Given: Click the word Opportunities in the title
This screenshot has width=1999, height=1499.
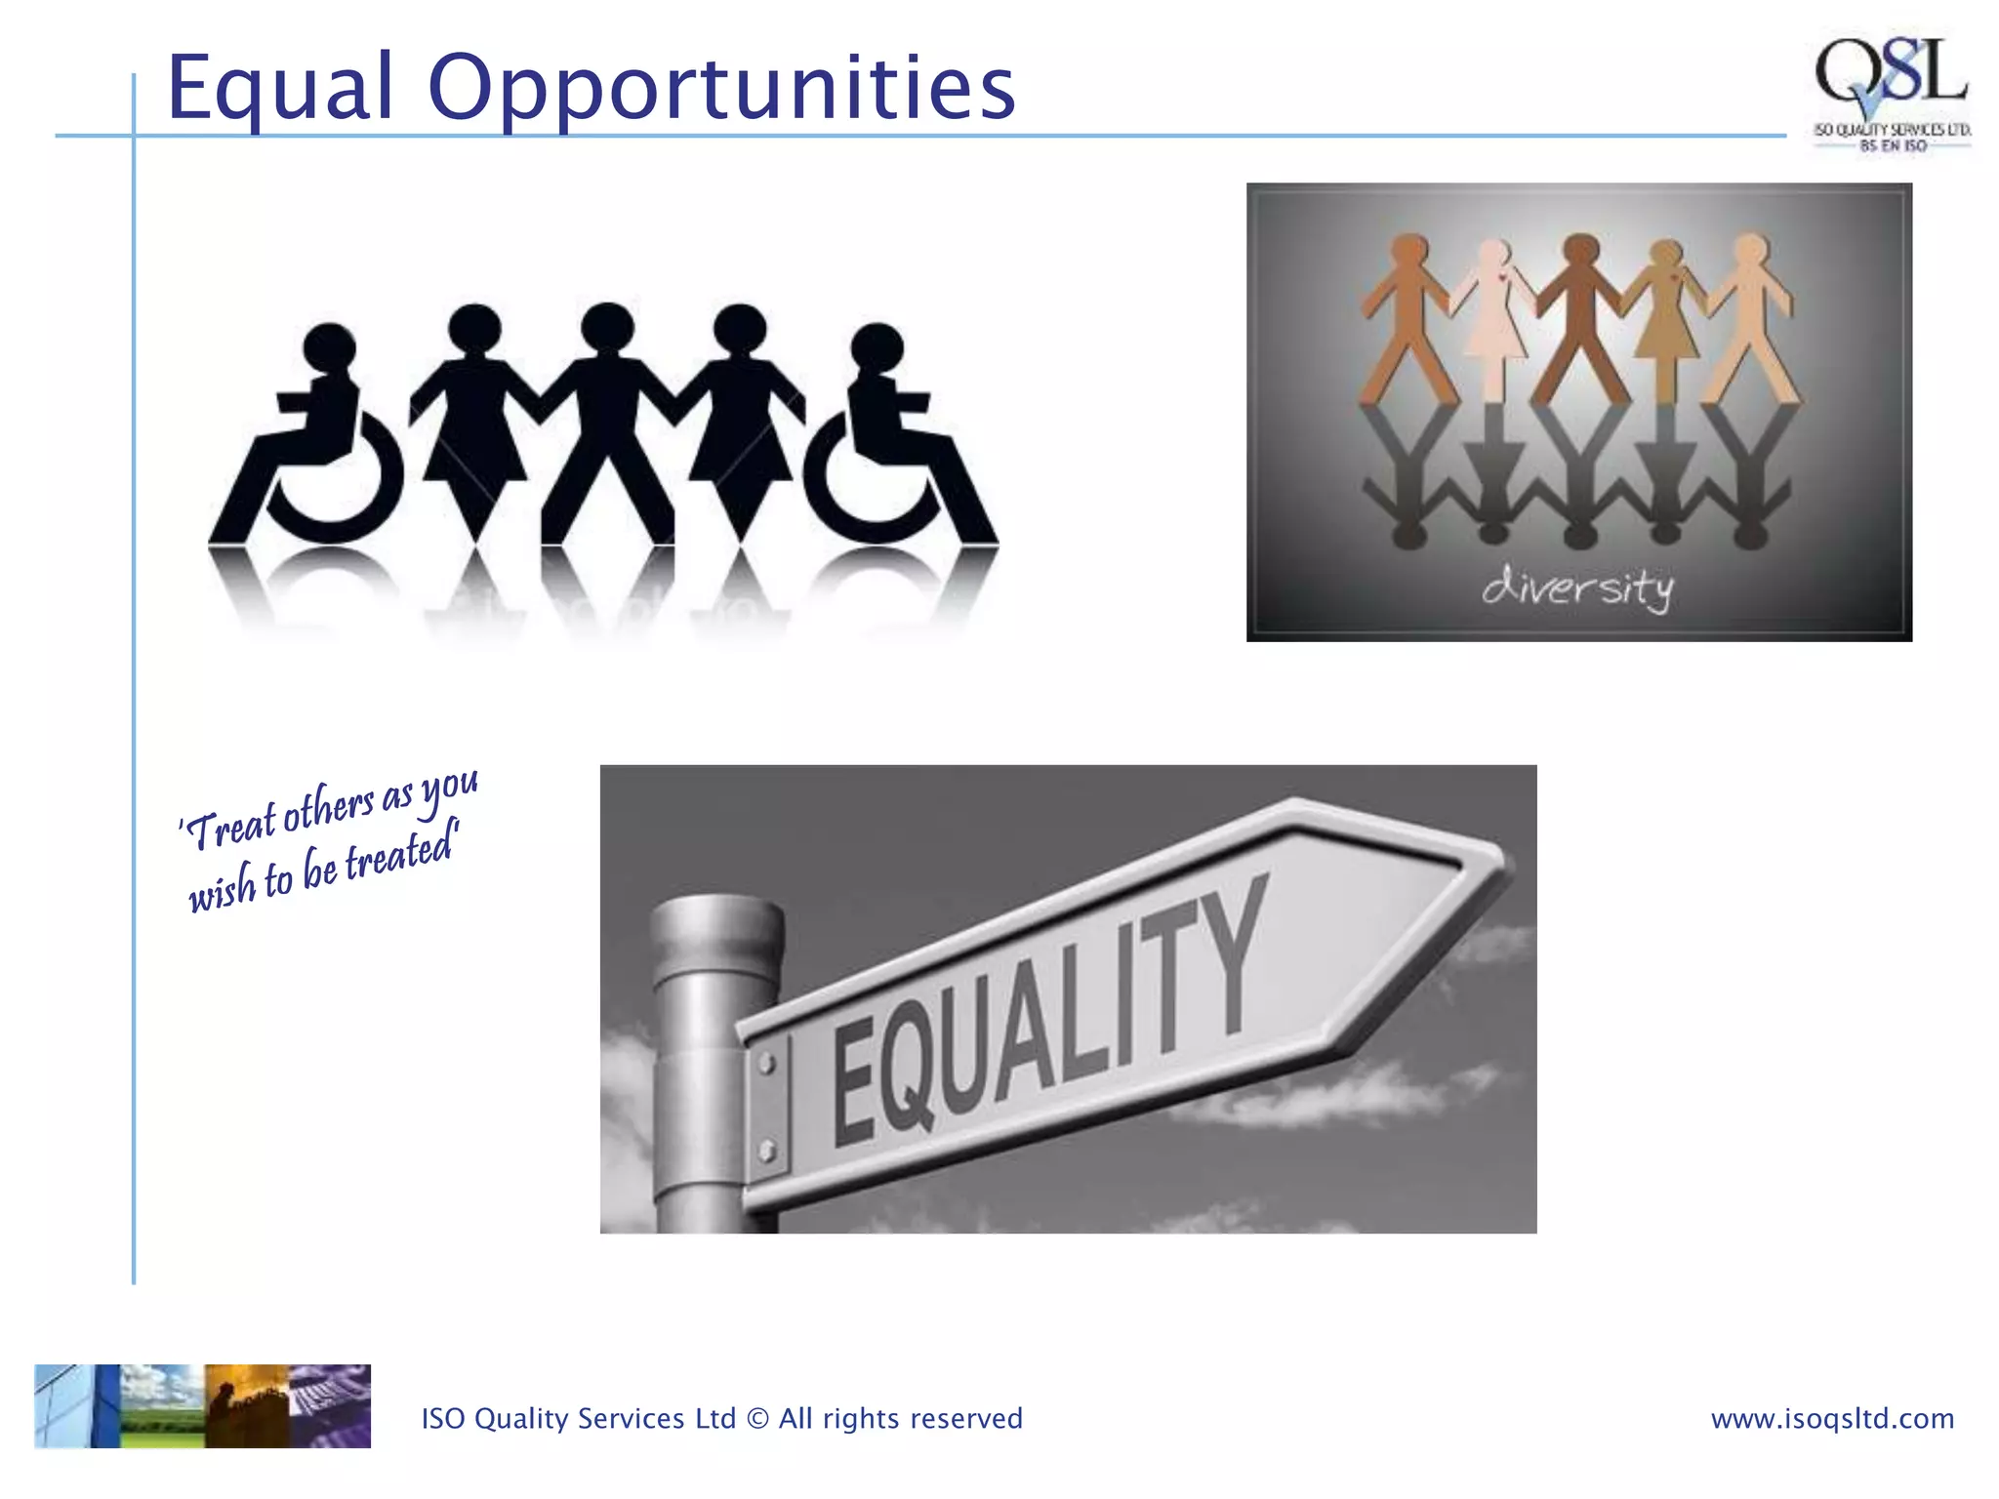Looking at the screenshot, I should (x=721, y=90).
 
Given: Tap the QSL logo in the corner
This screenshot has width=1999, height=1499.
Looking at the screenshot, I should (x=1891, y=93).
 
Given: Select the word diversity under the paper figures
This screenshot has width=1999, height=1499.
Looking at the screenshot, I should (x=1577, y=587).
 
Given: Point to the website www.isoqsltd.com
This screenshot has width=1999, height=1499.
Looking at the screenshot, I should (x=1832, y=1418).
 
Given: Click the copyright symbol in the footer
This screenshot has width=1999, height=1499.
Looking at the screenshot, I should (x=757, y=1418).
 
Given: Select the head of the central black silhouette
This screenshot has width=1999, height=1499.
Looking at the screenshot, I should (x=607, y=328).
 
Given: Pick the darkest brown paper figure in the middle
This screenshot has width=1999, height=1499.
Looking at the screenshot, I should (x=1580, y=312).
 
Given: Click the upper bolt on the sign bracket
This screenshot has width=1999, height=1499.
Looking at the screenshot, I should (x=766, y=1064).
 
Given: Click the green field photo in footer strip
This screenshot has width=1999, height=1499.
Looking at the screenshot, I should (x=162, y=1405).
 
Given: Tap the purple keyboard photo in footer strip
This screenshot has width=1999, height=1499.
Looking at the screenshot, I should (x=330, y=1405).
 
